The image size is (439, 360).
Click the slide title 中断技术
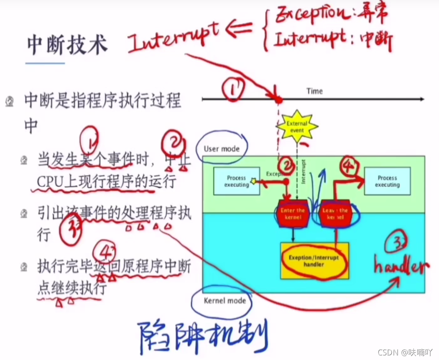pos(67,45)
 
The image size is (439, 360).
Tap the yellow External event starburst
pos(297,127)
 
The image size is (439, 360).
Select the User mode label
pos(222,148)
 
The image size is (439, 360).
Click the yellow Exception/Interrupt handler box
pos(314,261)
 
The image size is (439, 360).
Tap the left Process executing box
pos(236,181)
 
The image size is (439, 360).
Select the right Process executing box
pos(387,181)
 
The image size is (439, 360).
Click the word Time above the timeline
pos(314,91)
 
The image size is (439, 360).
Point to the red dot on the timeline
pos(278,100)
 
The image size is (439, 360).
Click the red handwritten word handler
pos(402,267)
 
